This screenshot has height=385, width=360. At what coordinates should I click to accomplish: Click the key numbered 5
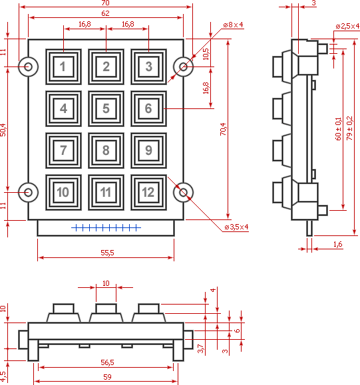click(x=106, y=108)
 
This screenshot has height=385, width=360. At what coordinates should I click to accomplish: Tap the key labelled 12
click(x=148, y=192)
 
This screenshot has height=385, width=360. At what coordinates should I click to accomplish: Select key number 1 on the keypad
click(x=63, y=66)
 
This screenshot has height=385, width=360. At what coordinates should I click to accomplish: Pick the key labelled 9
click(x=148, y=150)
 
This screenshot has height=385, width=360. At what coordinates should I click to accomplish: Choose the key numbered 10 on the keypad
click(x=63, y=192)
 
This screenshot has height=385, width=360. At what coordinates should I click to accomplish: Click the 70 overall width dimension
click(x=105, y=3)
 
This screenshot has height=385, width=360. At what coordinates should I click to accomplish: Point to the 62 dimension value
click(x=105, y=13)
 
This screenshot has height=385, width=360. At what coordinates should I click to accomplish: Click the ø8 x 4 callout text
click(x=233, y=25)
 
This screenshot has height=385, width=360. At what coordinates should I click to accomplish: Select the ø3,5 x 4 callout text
click(x=236, y=227)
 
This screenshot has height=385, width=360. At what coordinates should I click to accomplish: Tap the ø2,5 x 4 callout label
click(x=347, y=26)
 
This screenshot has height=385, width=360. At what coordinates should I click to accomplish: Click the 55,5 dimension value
click(x=107, y=253)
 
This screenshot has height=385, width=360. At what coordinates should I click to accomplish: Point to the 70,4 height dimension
click(x=223, y=129)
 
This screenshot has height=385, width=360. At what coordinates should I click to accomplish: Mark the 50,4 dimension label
click(x=3, y=130)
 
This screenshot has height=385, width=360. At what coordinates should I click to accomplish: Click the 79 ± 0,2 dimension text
click(x=349, y=128)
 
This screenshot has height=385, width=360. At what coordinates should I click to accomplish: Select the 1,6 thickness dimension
click(x=337, y=244)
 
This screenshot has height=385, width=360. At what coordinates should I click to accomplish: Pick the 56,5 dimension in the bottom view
click(x=107, y=362)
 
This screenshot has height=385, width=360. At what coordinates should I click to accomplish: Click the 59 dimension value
click(x=107, y=377)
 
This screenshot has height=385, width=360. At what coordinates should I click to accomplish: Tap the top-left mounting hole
click(x=28, y=66)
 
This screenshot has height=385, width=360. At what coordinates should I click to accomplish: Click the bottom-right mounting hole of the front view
click(x=183, y=193)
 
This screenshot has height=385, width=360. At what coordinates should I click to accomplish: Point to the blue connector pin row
click(x=106, y=228)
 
